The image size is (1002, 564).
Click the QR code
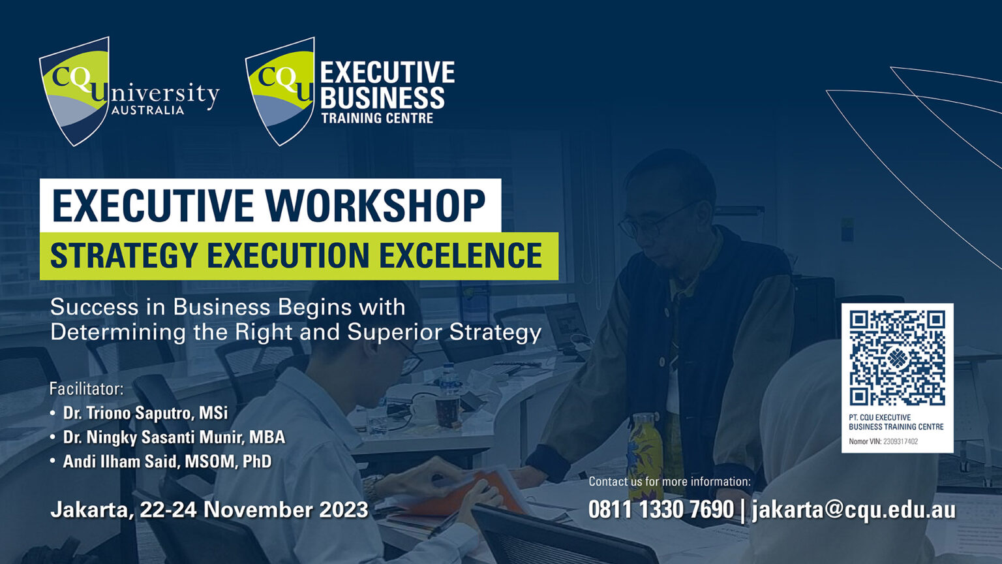point(897,358)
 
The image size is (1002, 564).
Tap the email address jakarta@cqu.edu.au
point(854,510)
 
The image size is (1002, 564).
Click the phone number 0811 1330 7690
point(661,510)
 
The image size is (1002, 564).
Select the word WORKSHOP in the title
point(375,206)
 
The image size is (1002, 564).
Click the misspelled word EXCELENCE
point(461,255)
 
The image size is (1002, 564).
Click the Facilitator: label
point(86,389)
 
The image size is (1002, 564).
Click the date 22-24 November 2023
point(254,510)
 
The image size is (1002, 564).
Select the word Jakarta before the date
point(91,510)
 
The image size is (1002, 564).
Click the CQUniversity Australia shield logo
point(74,91)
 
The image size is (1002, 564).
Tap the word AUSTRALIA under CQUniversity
point(147,110)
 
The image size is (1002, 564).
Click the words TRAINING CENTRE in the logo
point(377,118)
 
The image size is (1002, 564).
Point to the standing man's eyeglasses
point(652,222)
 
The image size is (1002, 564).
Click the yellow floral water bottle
point(645,450)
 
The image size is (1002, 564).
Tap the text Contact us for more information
point(669,482)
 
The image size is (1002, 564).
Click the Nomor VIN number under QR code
point(900,442)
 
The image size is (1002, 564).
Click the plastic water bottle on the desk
point(448,394)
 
